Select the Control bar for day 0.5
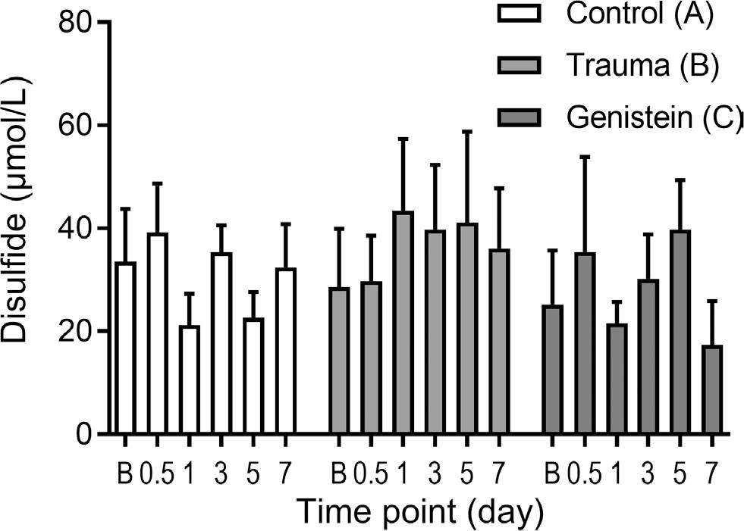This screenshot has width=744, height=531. (158, 334)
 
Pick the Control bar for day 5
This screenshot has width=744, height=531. (253, 376)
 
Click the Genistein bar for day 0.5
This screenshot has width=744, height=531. (585, 344)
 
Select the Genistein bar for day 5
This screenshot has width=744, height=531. (680, 333)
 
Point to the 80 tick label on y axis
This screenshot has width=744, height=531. (75, 23)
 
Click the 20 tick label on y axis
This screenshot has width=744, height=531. (75, 332)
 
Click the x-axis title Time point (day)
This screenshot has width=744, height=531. (419, 511)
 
